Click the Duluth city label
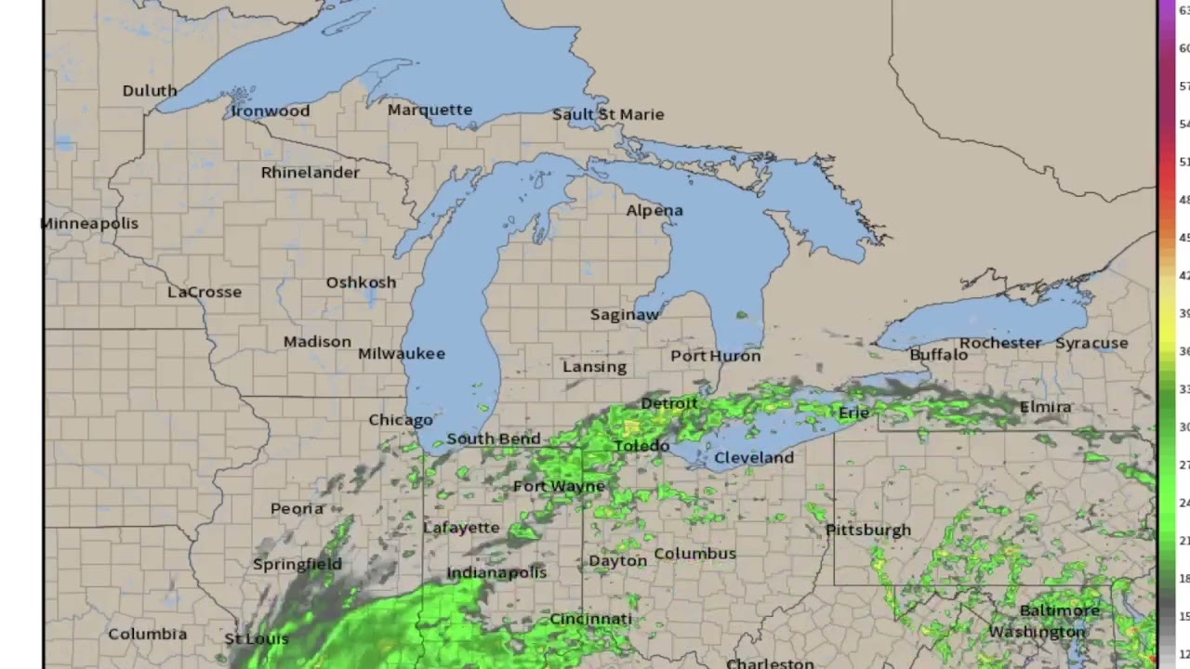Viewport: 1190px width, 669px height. [x=150, y=90]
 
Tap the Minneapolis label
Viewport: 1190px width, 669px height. [x=89, y=223]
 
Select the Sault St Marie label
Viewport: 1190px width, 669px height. [x=608, y=114]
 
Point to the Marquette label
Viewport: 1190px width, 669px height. [x=430, y=110]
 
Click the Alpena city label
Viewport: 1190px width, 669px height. [x=654, y=210]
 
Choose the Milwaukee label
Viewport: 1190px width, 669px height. [x=402, y=353]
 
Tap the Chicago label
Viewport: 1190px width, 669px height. [x=401, y=420]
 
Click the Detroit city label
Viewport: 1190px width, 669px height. [x=668, y=403]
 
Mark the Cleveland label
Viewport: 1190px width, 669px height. [x=754, y=457]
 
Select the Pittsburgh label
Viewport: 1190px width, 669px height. [x=868, y=530]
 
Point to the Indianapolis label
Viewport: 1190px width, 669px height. [x=496, y=572]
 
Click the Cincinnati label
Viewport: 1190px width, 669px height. [x=590, y=619]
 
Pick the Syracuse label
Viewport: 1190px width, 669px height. [x=1091, y=343]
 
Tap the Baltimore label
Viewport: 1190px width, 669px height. [x=1060, y=610]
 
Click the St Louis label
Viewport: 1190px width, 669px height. [x=257, y=639]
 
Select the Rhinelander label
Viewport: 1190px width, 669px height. [x=310, y=172]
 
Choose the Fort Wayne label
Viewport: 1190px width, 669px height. [x=559, y=486]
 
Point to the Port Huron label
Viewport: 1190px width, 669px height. [x=716, y=356]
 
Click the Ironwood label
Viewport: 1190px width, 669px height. [x=271, y=111]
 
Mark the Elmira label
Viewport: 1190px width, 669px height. [x=1045, y=407]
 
